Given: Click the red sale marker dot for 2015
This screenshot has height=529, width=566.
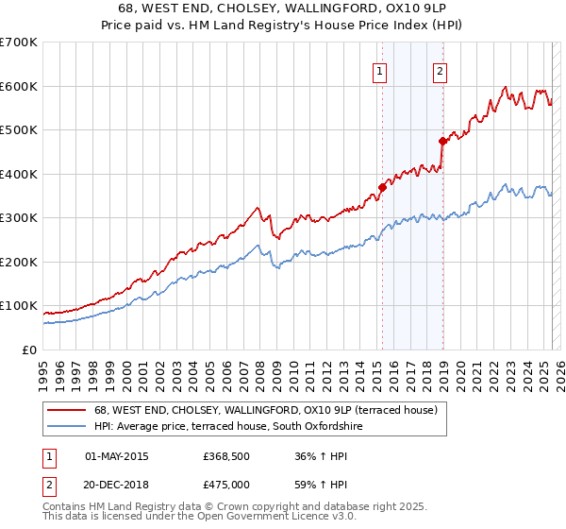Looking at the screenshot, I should click(382, 187).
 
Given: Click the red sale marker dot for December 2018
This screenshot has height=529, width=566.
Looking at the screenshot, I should click(442, 141).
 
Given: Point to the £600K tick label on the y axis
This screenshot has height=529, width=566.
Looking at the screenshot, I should click(19, 86).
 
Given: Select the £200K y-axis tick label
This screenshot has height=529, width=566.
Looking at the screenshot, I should click(19, 262).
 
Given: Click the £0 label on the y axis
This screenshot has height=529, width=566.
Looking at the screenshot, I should click(29, 350).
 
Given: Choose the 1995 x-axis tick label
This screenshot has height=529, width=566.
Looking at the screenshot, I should click(43, 373).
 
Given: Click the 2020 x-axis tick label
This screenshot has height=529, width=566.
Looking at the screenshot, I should click(460, 373).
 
